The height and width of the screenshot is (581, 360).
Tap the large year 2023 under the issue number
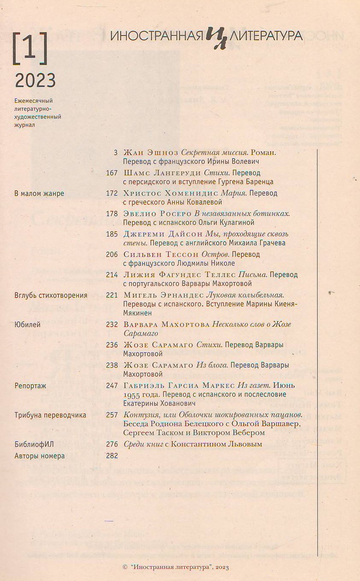tap(35, 80)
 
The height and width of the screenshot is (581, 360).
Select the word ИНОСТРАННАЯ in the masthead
tap(156, 36)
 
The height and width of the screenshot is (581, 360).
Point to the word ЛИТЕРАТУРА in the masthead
tap(266, 36)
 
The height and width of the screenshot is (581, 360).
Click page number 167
tap(112, 173)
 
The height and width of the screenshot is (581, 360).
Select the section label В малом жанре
tap(39, 193)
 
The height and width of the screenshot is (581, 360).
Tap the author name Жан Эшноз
tap(150, 153)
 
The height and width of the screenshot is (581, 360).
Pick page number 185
tap(112, 234)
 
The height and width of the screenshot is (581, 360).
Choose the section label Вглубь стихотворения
tap(51, 295)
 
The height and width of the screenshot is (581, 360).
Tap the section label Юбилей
tap(27, 324)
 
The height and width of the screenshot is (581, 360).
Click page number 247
tap(112, 385)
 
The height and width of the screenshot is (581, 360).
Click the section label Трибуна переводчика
tap(50, 415)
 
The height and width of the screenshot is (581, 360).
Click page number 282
tap(112, 456)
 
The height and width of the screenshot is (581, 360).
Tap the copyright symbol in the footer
tap(125, 567)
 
